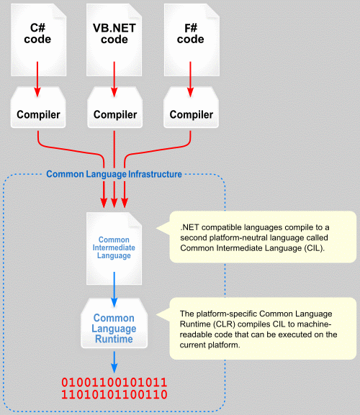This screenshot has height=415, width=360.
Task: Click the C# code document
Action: pyautogui.click(x=38, y=40)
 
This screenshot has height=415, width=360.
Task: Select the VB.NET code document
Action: pyautogui.click(x=114, y=40)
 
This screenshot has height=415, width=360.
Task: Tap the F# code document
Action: pyautogui.click(x=192, y=40)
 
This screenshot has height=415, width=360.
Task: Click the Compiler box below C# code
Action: pyautogui.click(x=38, y=107)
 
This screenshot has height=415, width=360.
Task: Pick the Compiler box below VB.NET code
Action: pyautogui.click(x=115, y=107)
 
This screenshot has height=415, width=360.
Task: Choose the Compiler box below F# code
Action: pyautogui.click(x=192, y=107)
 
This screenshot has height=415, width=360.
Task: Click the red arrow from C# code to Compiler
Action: pyautogui.click(x=37, y=79)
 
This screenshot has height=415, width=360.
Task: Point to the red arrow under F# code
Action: pyautogui.click(x=190, y=79)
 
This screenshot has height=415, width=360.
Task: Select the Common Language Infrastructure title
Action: pyautogui.click(x=114, y=174)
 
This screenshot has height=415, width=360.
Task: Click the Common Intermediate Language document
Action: pyautogui.click(x=114, y=249)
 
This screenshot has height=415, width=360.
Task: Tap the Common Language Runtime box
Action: pyautogui.click(x=114, y=323)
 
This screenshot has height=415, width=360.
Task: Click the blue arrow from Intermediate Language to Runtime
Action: pyautogui.click(x=114, y=289)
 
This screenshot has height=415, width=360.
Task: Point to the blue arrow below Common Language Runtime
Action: pyautogui.click(x=114, y=362)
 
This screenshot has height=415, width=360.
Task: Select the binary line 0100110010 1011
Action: pyautogui.click(x=114, y=383)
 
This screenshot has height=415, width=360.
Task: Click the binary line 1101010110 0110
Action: pyautogui.click(x=114, y=395)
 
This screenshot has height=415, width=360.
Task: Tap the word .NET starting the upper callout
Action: pyautogui.click(x=189, y=227)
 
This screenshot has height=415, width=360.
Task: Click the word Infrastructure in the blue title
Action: pyautogui.click(x=156, y=174)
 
